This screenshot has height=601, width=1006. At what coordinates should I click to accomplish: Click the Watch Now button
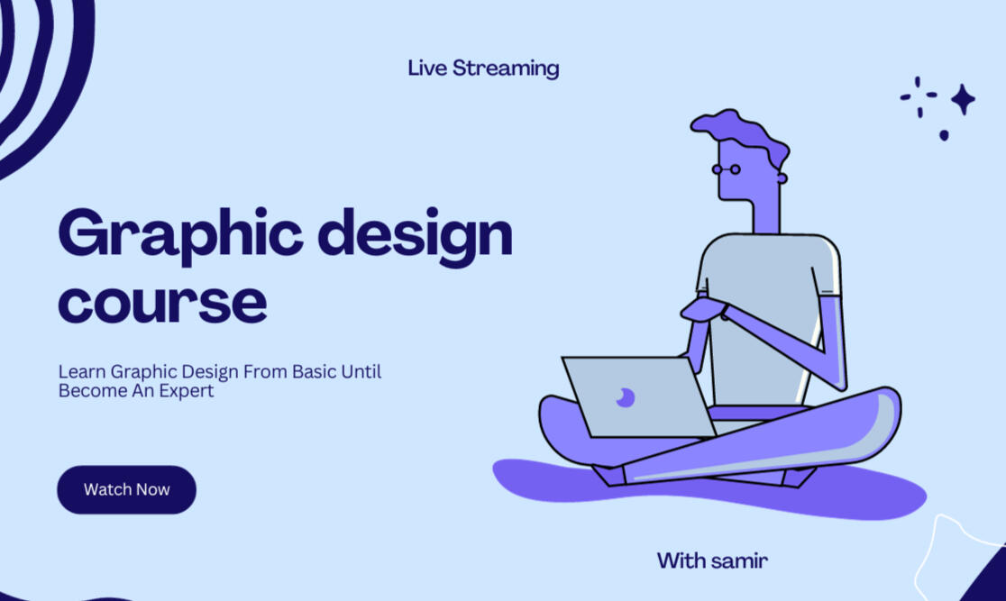pyautogui.click(x=126, y=489)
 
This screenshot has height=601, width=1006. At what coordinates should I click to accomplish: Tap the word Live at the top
pyautogui.click(x=427, y=68)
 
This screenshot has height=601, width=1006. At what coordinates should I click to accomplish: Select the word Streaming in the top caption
pyautogui.click(x=506, y=68)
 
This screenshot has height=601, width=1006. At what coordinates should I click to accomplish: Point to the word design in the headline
pyautogui.click(x=415, y=235)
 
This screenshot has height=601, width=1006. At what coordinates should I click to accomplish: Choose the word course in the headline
pyautogui.click(x=162, y=302)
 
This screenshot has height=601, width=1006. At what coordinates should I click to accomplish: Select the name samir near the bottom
pyautogui.click(x=740, y=561)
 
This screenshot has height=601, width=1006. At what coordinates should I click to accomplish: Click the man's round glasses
pyautogui.click(x=727, y=169)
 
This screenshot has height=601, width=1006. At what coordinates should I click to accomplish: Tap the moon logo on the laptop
pyautogui.click(x=625, y=397)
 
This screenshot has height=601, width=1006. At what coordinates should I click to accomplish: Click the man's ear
pyautogui.click(x=782, y=178)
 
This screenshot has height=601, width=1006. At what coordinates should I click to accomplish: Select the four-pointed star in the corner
pyautogui.click(x=963, y=99)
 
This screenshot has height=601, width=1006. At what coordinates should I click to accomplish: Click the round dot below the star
pyautogui.click(x=944, y=135)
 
